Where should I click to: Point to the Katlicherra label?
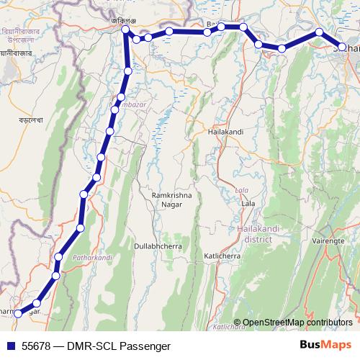coord(225,256)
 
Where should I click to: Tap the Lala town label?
coord(248,204)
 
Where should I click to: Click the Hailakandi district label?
coord(253,233)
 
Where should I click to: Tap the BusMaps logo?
coord(324,346)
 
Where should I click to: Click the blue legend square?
coord(11,346)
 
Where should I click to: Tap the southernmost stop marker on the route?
coord(19,313)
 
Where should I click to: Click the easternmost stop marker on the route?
coord(343,48)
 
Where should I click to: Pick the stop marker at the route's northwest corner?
coord(125,30)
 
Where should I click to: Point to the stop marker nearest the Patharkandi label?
coord(58,257)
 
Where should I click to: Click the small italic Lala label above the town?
coord(241,191)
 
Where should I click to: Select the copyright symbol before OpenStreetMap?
coord(237,323)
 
